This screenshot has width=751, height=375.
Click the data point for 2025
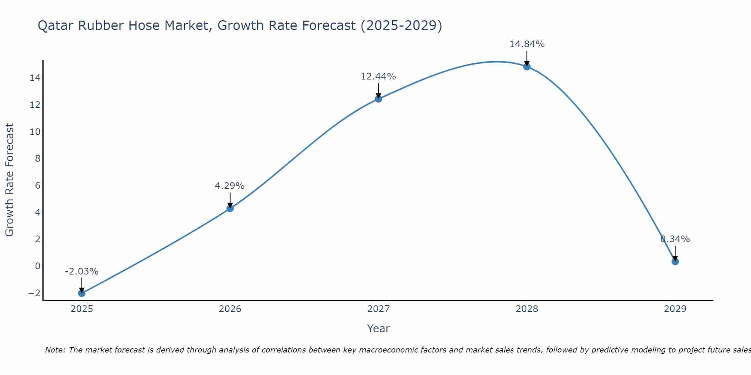tap(81, 293)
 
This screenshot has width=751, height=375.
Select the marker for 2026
tap(230, 208)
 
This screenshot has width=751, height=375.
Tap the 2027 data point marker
tap(379, 99)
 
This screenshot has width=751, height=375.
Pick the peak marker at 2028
tap(527, 67)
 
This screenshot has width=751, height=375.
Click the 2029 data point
tap(675, 261)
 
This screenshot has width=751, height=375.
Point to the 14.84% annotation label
tap(527, 44)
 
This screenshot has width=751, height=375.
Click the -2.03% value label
tap(81, 271)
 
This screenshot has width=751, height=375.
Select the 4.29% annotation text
tap(230, 186)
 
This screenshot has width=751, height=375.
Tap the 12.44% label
tap(378, 76)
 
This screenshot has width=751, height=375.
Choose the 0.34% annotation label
tap(675, 239)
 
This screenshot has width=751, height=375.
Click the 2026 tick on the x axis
tap(230, 309)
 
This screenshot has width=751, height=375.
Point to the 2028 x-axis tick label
tap(527, 309)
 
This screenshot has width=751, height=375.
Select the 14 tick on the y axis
tap(35, 78)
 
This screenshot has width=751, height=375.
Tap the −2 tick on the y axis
tap(34, 293)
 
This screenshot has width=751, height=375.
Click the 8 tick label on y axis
tap(38, 159)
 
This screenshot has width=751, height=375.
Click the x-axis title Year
tap(378, 328)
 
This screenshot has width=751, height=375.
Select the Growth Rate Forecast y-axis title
tap(9, 180)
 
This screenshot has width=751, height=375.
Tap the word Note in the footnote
tap(55, 350)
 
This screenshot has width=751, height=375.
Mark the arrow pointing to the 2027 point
tap(379, 91)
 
